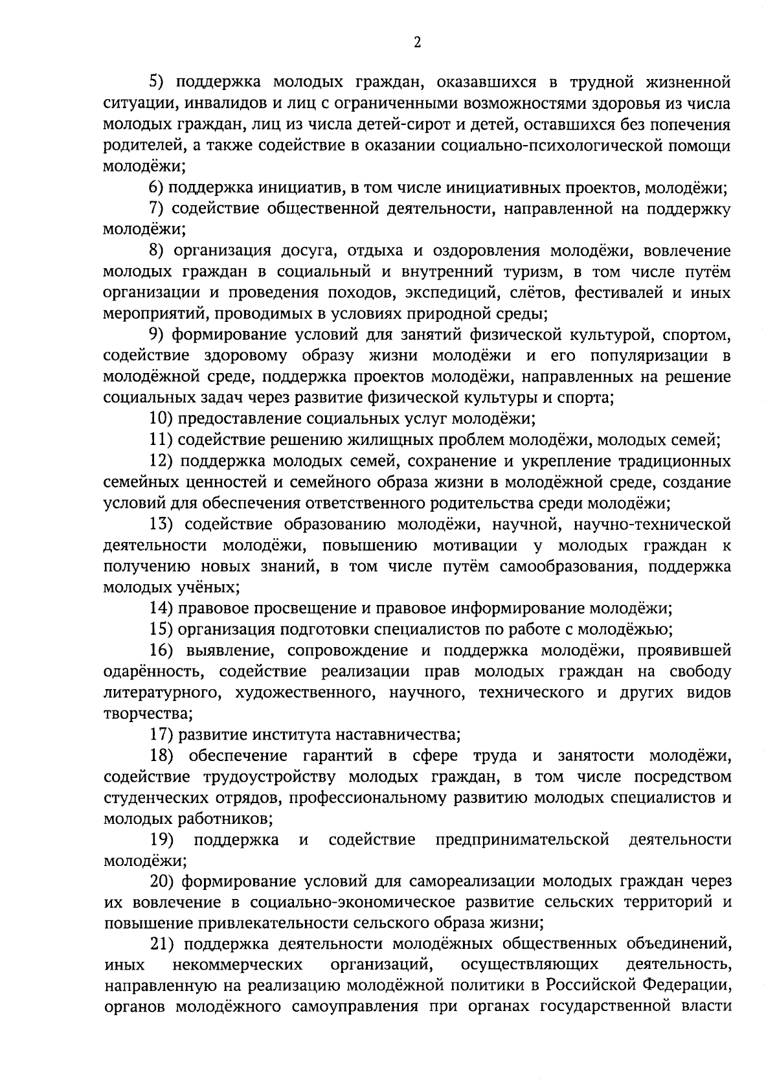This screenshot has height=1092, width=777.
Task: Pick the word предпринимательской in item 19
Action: (x=523, y=840)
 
